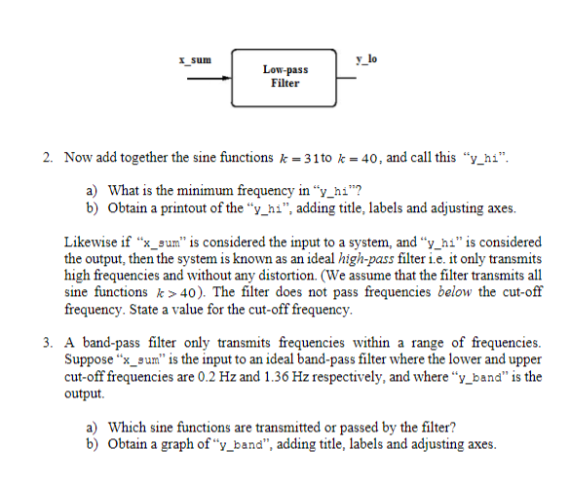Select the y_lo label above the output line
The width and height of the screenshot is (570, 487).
[367, 60]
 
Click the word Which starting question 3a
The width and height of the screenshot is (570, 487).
[127, 428]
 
